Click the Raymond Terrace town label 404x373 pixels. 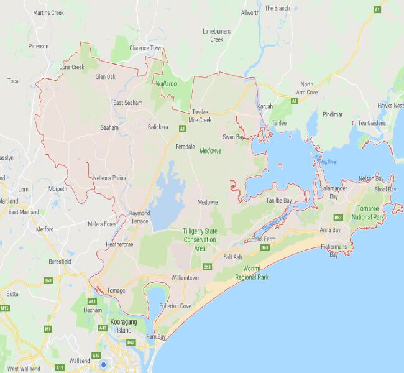coord(139,217)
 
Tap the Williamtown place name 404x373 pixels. coord(185,278)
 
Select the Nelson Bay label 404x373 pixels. coord(371,178)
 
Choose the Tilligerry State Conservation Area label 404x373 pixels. coord(200,239)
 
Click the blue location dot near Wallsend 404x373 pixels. coord(103,365)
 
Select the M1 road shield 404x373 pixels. coord(47,328)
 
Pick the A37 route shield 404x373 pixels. coord(96,355)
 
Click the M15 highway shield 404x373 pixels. coord(5,308)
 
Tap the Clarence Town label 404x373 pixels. coord(145,48)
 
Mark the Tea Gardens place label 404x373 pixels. coord(372,122)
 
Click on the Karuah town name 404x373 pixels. coord(265,106)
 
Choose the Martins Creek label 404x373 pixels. coord(48,12)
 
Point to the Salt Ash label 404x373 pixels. coord(232,257)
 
